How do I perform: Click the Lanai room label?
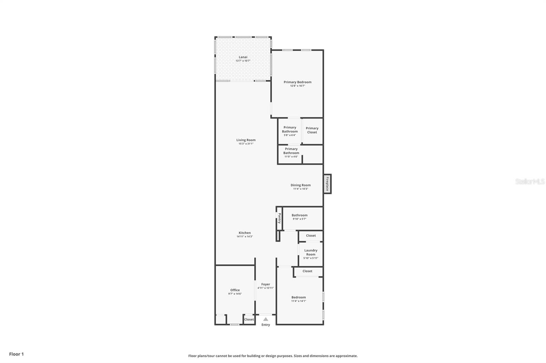[x=243, y=57]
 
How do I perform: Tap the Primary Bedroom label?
[x=298, y=82]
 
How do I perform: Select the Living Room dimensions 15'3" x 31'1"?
[x=246, y=144]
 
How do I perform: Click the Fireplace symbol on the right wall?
[x=327, y=184]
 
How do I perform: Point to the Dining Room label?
[x=301, y=185]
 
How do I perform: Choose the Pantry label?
[x=279, y=218]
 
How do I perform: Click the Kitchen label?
[x=245, y=233]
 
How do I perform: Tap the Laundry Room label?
[x=311, y=252]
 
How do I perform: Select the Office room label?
[x=235, y=290]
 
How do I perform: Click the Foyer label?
[x=265, y=284]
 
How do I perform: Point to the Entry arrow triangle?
[x=265, y=319]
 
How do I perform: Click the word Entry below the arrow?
[x=265, y=325]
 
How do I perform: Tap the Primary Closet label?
[x=312, y=130]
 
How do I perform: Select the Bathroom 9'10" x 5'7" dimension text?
[x=299, y=219]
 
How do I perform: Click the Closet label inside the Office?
[x=249, y=319]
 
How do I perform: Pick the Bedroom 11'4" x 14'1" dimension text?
[x=299, y=301]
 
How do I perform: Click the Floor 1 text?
[x=16, y=354]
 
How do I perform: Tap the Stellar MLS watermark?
[x=530, y=181]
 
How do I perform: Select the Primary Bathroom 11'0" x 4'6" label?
[x=291, y=153]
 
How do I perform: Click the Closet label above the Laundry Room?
[x=311, y=236]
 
